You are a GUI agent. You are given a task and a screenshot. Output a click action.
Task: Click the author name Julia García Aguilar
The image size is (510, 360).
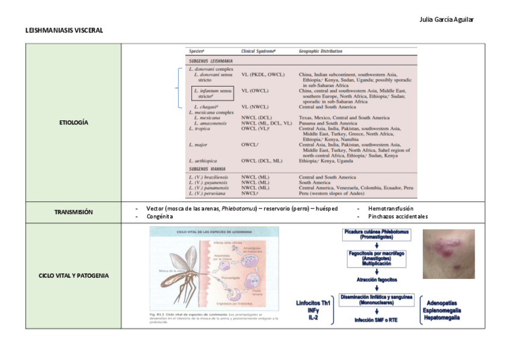[x=446, y=19]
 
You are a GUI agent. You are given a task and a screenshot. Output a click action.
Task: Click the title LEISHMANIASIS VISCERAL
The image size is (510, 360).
[x=64, y=30]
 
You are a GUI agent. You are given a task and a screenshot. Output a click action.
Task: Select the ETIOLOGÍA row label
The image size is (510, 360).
[x=73, y=123]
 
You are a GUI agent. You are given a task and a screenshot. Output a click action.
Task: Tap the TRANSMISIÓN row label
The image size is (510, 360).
[x=73, y=212]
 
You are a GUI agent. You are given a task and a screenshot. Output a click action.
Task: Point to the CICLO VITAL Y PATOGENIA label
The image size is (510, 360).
[x=73, y=276]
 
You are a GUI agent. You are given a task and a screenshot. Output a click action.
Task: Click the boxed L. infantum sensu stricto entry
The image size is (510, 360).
[x=212, y=93]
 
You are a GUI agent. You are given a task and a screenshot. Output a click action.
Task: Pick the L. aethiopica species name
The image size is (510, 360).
[x=204, y=161]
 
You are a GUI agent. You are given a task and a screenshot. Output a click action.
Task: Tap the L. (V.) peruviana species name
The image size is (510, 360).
[x=207, y=194]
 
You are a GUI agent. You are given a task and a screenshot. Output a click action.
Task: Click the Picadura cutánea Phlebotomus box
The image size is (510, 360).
[x=376, y=234]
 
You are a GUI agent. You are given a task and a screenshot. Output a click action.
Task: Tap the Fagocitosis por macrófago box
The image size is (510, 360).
[x=376, y=258]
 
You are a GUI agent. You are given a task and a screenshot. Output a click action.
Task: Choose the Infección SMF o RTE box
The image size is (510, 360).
[x=376, y=320]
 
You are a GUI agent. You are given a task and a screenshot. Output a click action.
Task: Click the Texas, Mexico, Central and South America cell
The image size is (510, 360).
[x=344, y=118]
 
